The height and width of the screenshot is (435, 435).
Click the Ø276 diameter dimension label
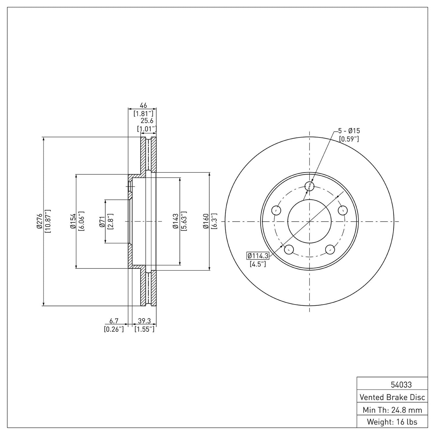click(39, 222)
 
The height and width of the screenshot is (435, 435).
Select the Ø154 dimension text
click(73, 222)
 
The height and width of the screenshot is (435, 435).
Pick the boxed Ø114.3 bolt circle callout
click(258, 256)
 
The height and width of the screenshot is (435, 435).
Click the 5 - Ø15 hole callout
click(349, 131)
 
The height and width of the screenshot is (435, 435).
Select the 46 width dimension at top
click(143, 105)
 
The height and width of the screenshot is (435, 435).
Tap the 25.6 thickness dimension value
click(147, 121)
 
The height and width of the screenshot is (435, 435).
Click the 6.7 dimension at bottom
click(114, 322)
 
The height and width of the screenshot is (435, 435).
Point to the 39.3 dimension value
click(144, 322)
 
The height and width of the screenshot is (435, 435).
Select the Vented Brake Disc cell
click(392, 397)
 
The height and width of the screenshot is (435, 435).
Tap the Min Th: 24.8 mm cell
click(392, 410)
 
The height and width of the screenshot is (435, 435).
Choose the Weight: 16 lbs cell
click(392, 422)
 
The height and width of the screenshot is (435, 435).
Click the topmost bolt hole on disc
click(309, 186)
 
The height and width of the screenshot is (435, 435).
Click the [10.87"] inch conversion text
click(48, 222)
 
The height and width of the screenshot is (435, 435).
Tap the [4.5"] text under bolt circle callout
click(258, 265)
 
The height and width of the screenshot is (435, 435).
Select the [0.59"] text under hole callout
click(349, 139)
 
